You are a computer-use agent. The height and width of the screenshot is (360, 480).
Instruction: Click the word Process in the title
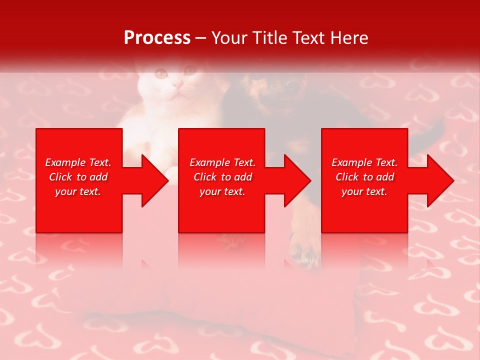point(157,38)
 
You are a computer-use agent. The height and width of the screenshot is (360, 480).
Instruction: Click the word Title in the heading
point(268,38)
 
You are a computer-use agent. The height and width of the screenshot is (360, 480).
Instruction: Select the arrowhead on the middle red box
point(296,180)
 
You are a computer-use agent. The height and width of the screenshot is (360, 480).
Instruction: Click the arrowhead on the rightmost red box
point(439,180)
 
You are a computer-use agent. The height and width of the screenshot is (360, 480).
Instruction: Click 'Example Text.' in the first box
point(78,162)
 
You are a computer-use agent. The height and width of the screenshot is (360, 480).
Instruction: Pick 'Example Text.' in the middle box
point(222,162)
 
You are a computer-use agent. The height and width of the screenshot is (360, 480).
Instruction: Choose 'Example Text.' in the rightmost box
point(364,162)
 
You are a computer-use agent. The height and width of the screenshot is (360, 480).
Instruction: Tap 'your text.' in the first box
point(78,191)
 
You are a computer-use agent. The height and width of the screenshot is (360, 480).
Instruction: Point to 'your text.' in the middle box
point(222,191)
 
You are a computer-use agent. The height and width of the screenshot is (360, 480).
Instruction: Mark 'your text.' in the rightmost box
point(364,191)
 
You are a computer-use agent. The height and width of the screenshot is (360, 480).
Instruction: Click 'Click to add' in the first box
point(78,177)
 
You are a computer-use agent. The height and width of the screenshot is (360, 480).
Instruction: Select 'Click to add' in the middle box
point(222,177)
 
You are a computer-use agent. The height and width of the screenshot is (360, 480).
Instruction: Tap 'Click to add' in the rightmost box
point(364,177)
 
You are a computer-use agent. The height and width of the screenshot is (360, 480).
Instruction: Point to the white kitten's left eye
point(161,74)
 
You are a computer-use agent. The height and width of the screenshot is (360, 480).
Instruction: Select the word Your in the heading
point(229,38)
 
